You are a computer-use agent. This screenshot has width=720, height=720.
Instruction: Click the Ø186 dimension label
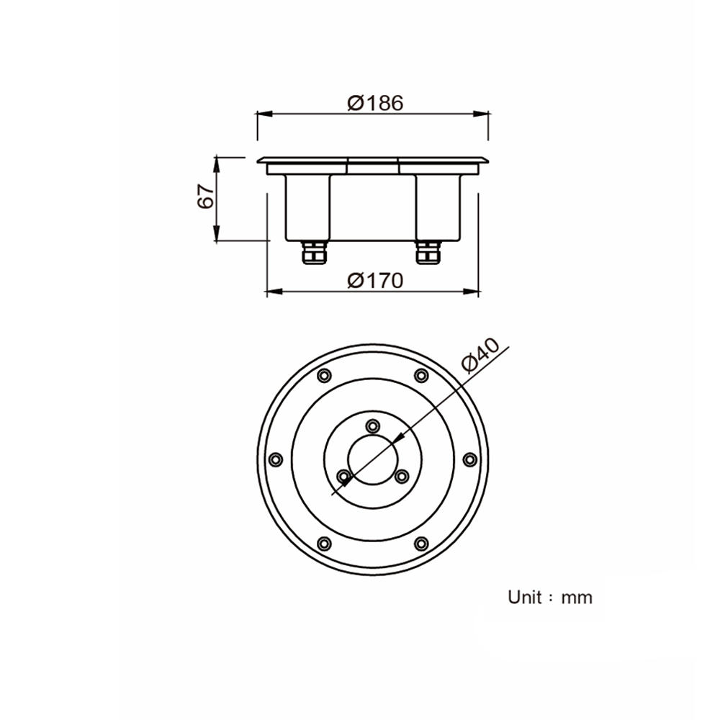pyautogui.click(x=375, y=103)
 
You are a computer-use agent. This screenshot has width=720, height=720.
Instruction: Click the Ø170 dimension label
pyautogui.click(x=375, y=280)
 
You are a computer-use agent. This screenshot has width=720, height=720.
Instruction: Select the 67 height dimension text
pyautogui.click(x=206, y=197)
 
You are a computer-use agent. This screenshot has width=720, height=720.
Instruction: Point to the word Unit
pyautogui.click(x=525, y=597)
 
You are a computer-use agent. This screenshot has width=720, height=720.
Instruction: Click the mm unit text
pyautogui.click(x=577, y=598)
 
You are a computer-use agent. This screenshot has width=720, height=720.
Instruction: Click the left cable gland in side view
pyautogui.click(x=315, y=253)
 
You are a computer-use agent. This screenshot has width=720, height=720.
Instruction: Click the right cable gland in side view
pyautogui.click(x=428, y=253)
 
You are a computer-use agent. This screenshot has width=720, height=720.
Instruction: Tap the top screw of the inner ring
pyautogui.click(x=373, y=426)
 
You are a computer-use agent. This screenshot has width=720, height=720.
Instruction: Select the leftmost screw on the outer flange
pyautogui.click(x=276, y=459)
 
